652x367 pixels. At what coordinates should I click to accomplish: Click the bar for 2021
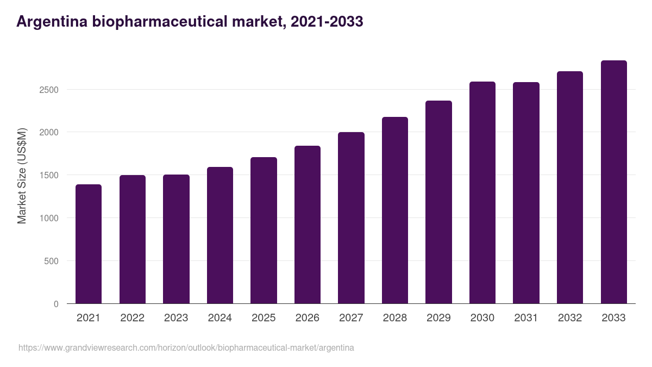click(89, 244)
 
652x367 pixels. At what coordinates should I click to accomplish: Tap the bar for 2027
click(351, 218)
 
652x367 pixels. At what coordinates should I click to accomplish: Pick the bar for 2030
click(482, 192)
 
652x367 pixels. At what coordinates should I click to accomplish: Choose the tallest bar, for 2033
click(613, 182)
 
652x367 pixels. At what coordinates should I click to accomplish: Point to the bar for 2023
click(176, 239)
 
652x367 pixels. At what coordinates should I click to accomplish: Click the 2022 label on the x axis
click(132, 318)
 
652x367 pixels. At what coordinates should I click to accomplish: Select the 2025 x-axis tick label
click(264, 318)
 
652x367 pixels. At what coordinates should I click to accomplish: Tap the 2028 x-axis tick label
click(395, 318)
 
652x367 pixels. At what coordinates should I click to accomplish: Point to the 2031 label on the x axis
click(526, 318)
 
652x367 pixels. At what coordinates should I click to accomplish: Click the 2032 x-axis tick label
click(570, 318)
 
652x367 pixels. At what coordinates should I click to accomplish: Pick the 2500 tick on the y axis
click(48, 90)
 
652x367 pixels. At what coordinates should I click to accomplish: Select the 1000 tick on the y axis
click(48, 219)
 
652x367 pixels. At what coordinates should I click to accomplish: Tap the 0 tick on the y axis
click(56, 304)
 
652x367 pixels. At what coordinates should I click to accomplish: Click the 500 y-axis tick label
click(51, 262)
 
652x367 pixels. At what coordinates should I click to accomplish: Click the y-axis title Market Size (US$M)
click(22, 176)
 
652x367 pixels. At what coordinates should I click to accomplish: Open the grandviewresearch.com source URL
click(186, 347)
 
